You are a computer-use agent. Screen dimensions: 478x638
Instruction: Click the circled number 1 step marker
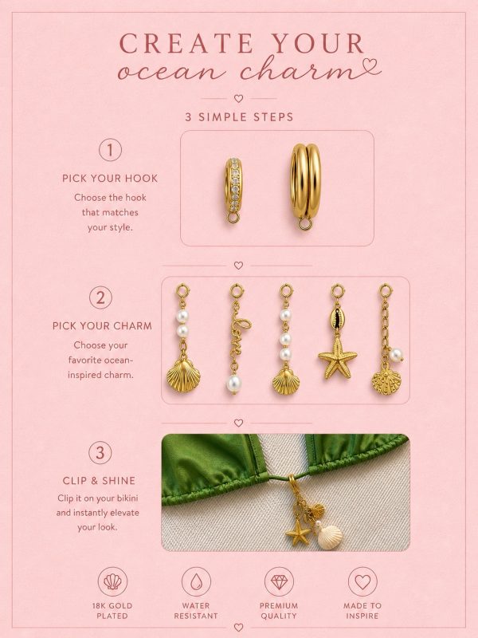click(110, 150)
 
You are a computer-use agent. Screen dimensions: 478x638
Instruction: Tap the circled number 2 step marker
click(100, 297)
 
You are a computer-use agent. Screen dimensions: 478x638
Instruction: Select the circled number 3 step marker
click(100, 452)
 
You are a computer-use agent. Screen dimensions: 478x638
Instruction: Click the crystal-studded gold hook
click(233, 190)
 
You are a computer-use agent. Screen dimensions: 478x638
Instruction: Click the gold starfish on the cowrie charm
click(337, 358)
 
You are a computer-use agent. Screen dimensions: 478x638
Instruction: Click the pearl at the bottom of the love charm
click(233, 384)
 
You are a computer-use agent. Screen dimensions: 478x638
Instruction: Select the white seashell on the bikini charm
click(330, 537)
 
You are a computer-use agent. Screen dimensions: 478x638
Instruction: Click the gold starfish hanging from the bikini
click(298, 532)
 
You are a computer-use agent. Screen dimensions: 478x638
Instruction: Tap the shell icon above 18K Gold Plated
click(112, 581)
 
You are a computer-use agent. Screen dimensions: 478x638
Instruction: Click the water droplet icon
click(196, 581)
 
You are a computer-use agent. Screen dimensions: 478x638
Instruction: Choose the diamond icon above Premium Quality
click(279, 581)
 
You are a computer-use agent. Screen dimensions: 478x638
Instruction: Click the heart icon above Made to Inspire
click(362, 581)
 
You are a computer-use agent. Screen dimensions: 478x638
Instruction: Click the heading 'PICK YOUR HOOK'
click(110, 178)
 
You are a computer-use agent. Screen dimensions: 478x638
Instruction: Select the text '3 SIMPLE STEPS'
click(239, 117)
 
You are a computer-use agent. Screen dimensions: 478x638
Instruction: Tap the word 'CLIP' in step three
click(75, 481)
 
